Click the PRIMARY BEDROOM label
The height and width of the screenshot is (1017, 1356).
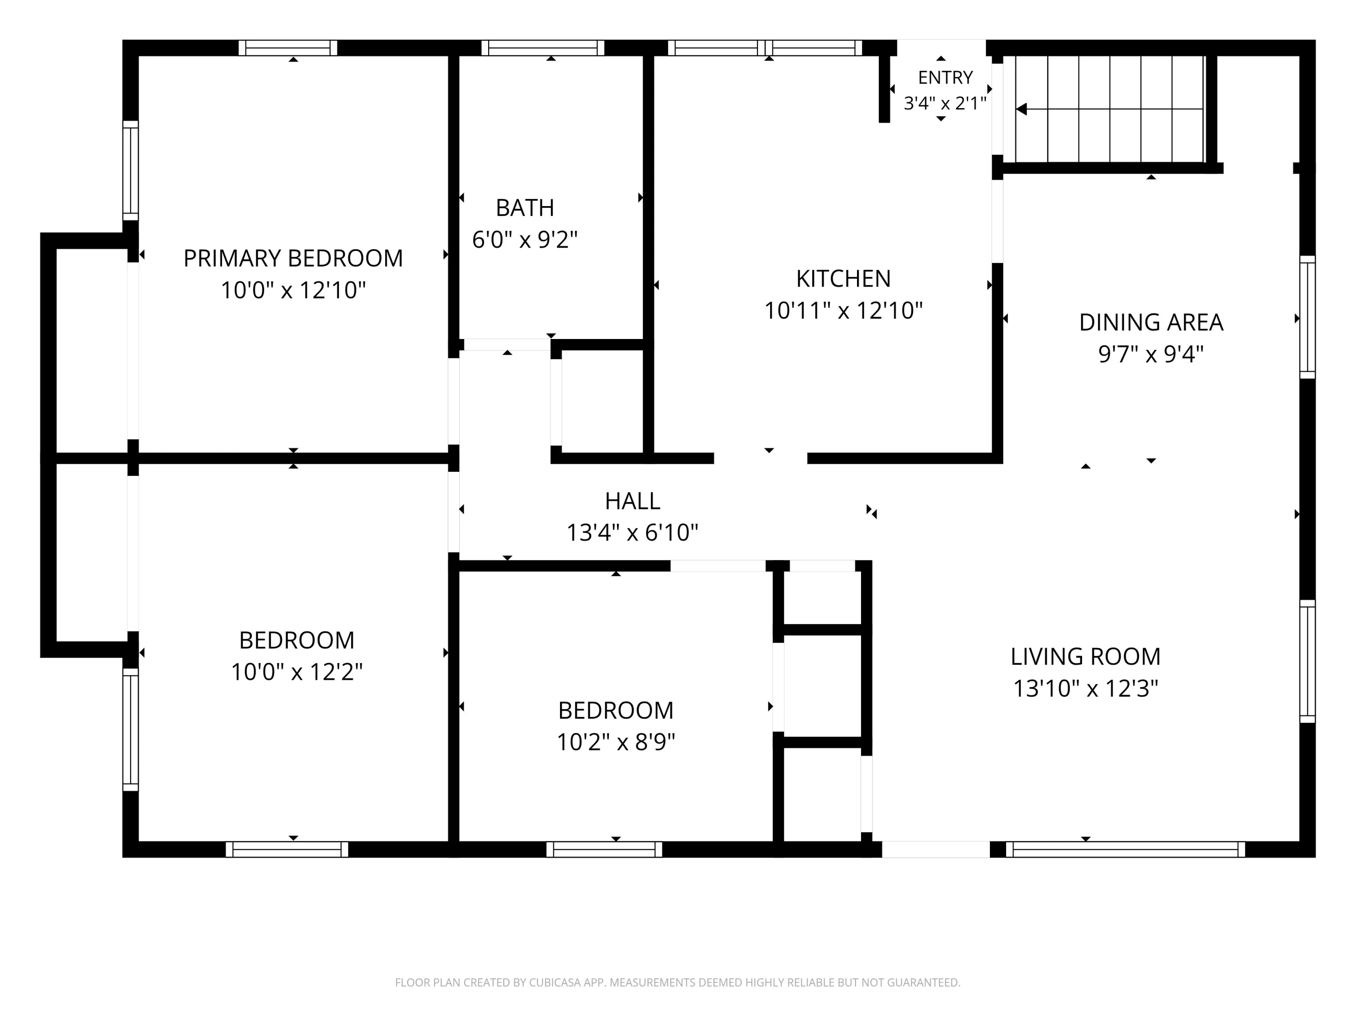click(293, 258)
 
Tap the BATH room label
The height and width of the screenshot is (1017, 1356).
click(525, 208)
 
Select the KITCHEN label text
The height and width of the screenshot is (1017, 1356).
click(843, 278)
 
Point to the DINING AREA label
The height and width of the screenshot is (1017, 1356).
click(1151, 322)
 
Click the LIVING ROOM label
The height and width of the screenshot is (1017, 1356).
click(1085, 657)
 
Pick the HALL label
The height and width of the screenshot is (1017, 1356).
click(632, 501)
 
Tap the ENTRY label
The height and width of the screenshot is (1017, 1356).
click(945, 77)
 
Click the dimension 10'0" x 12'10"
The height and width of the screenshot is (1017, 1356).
click(293, 290)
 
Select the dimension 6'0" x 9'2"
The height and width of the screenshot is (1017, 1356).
click(525, 239)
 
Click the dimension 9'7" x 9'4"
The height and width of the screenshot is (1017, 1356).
click(1151, 354)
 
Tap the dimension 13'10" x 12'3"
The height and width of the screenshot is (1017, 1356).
click(1085, 688)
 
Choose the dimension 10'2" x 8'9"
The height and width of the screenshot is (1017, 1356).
click(616, 742)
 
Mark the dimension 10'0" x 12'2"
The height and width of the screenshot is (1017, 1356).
click(297, 672)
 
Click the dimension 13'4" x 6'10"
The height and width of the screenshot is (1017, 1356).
click(632, 533)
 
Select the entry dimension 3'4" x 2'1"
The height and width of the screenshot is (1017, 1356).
click(945, 103)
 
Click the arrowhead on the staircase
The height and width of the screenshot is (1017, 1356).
click(1021, 109)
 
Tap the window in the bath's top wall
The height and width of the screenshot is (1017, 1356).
click(542, 48)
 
